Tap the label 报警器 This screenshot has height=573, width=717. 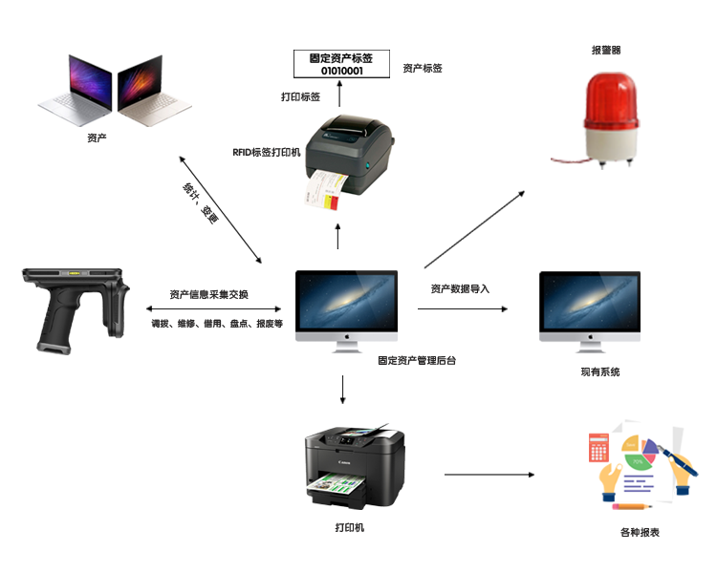click(607, 50)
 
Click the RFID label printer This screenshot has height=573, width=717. click(344, 158)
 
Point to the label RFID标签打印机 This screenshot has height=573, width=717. click(267, 152)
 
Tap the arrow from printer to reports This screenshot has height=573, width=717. click(489, 474)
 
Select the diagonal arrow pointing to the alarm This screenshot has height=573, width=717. click(474, 228)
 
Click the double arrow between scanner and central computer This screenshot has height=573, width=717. click(214, 309)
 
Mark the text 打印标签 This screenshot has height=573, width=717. click(300, 97)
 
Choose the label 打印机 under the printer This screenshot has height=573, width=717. click(350, 527)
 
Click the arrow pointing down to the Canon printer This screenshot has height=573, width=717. click(343, 389)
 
